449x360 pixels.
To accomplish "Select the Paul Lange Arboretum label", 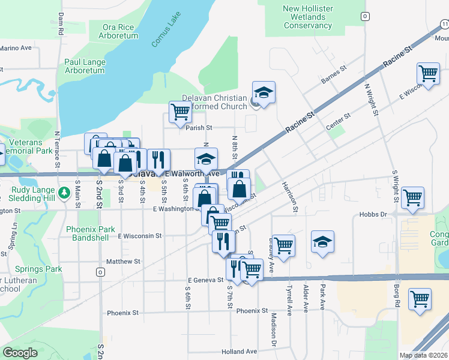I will pos(85,66).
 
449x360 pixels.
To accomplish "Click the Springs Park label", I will pos(38,269).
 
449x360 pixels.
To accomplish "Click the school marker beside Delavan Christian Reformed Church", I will pos(264,93).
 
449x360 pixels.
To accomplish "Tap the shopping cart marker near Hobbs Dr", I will pos(414,197).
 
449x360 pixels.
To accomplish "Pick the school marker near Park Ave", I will pos(323,242).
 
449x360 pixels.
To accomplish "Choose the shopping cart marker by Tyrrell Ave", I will pos(284,245).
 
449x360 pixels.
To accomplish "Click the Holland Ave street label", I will pos(239,352).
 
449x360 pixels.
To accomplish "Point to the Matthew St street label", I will pos(123,262).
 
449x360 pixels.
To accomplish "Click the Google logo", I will pos(20,353).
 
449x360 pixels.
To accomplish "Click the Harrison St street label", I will pos(294,197).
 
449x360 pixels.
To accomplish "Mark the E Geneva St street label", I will pos(205,280).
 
